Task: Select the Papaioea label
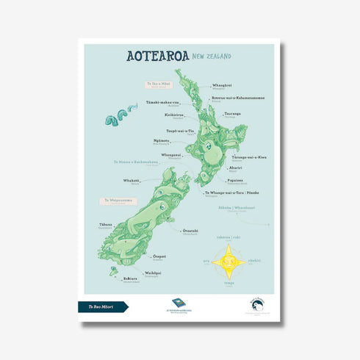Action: coord(236,179)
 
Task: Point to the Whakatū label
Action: coord(132,180)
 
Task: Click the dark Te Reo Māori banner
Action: coord(102,306)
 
